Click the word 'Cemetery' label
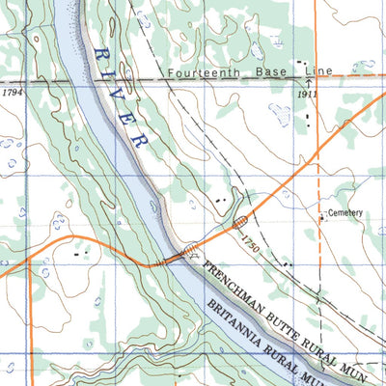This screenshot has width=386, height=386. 345,211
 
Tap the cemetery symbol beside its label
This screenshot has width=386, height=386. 322,217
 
